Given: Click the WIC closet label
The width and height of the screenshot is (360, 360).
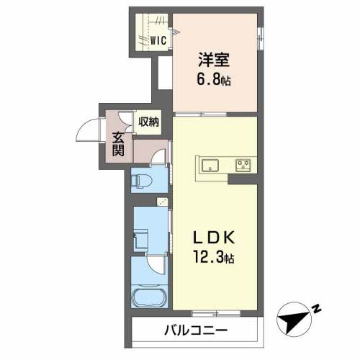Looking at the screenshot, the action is point(158,40).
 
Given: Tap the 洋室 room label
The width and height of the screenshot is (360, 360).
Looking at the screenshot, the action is point(214,60).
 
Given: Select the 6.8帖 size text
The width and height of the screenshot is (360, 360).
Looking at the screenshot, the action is point(214,79).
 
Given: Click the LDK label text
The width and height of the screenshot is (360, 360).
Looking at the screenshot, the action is point(214,238).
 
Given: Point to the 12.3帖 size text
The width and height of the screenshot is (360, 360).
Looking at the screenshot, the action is point(214,258).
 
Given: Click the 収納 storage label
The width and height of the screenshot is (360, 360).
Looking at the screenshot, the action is point(148,122).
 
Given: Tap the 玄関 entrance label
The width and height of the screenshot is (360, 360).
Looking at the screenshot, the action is point(118,144).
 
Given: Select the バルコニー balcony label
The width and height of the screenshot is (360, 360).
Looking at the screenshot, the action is point(196,330).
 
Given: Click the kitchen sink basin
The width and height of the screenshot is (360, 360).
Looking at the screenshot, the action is point(210,166).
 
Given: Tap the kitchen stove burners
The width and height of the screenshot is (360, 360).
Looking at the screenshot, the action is point(243,166).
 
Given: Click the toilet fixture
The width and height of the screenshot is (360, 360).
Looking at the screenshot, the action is point(141,180).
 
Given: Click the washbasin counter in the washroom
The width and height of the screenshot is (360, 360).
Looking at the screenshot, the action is point(141,238).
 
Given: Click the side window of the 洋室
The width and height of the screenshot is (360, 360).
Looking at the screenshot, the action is point(260,38).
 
